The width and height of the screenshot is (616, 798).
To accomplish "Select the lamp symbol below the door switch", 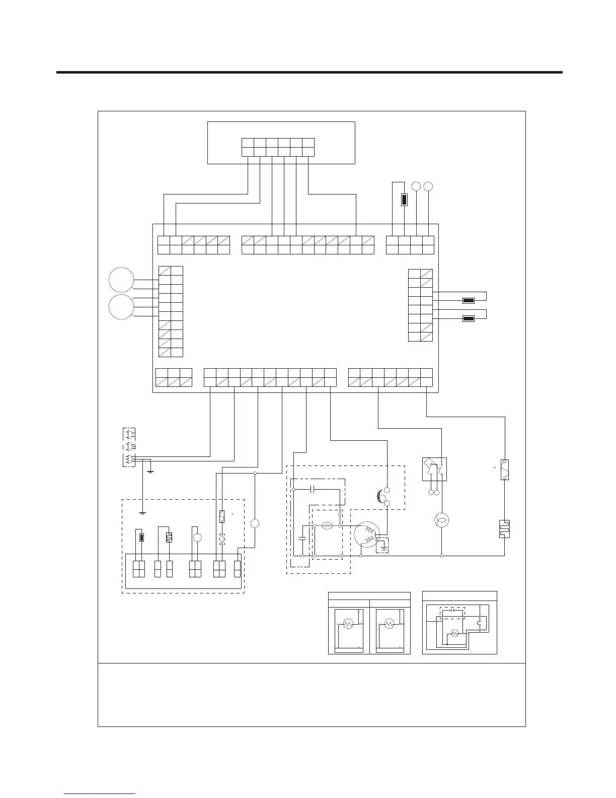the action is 441,520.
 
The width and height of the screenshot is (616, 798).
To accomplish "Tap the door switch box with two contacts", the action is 434,470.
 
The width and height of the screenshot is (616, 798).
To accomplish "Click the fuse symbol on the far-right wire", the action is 505,469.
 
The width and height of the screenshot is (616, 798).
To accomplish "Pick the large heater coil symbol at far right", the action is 505,528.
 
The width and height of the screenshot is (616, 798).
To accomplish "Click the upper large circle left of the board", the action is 121,280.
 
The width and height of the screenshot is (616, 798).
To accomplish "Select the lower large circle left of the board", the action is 121,307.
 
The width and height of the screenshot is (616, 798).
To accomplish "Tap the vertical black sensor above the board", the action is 404,199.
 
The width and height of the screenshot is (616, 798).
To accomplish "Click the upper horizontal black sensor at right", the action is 468,301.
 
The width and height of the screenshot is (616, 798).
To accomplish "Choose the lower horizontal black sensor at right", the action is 468,318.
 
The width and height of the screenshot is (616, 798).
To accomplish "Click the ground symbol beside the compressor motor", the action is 383,546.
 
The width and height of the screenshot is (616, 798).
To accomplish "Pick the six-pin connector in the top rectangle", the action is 278,147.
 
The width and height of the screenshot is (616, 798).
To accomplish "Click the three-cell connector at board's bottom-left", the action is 174,378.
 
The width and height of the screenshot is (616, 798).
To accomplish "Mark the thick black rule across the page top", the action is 309,73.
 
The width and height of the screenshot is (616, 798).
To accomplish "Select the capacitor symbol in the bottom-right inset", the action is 453,610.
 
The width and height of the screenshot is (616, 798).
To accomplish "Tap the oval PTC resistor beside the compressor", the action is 327,525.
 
